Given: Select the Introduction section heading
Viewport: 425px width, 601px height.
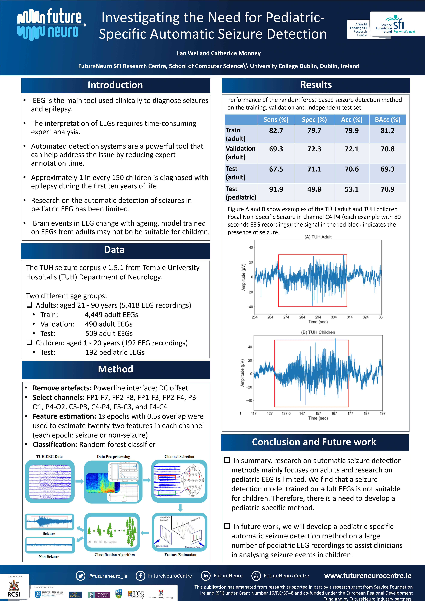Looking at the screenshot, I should point(115,85).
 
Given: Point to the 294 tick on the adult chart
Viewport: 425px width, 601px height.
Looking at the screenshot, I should point(318,317).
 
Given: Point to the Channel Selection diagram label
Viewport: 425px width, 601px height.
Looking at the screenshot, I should point(179,457).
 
